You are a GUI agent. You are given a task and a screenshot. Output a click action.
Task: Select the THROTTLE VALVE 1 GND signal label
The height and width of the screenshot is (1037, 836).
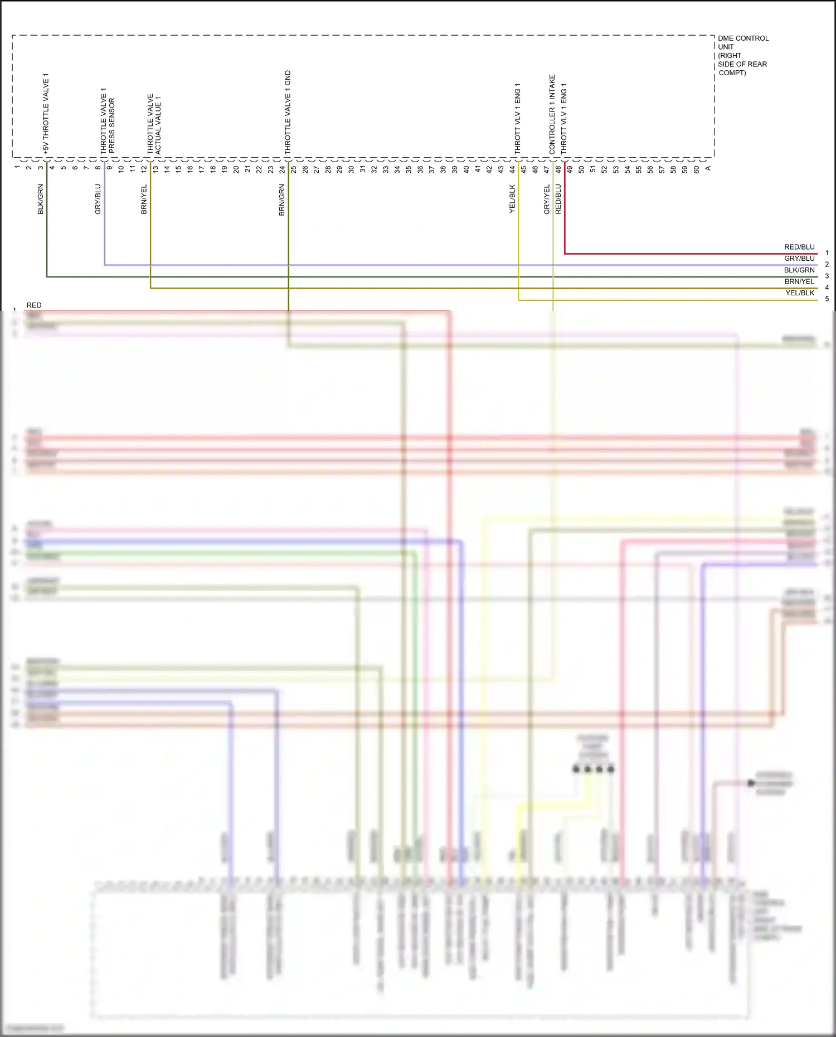pos(288,112)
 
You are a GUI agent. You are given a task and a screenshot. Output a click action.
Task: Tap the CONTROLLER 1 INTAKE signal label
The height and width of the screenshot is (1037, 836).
pos(552,114)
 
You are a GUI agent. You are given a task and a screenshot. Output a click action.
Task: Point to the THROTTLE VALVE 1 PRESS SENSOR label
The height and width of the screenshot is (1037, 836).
pos(107,120)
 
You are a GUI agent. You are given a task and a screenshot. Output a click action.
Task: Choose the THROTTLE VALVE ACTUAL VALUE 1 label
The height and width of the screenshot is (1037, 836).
pos(154,124)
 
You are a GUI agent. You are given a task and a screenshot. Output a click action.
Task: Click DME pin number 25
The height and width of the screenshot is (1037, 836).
pos(294,169)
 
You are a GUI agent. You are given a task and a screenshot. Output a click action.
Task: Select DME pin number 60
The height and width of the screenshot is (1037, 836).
pos(696,169)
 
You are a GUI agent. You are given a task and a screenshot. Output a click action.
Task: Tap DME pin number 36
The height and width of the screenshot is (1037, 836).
pos(420,169)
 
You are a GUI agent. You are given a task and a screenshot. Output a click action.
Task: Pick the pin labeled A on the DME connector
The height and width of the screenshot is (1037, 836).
pos(708,168)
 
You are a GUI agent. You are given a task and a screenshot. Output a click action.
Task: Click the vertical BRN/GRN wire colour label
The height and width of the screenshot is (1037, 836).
pos(282,200)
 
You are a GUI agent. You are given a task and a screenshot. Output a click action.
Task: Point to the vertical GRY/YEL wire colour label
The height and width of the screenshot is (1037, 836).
pos(547,199)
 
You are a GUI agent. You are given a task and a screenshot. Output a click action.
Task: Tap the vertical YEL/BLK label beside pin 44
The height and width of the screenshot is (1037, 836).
pos(512,199)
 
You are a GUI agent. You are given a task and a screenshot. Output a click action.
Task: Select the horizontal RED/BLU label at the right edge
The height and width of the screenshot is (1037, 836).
pos(799,247)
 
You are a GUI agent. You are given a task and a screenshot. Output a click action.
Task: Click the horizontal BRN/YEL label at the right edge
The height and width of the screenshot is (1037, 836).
pos(799,281)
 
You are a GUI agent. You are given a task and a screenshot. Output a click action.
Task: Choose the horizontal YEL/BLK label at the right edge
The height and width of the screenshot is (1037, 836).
pos(800,293)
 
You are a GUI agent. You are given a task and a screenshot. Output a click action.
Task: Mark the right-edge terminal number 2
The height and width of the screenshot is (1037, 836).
pos(827,265)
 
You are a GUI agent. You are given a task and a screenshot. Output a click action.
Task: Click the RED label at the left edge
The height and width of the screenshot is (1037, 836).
pos(34,305)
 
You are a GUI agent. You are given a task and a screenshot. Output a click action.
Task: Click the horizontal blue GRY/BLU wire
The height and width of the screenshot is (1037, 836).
pos(446,265)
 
